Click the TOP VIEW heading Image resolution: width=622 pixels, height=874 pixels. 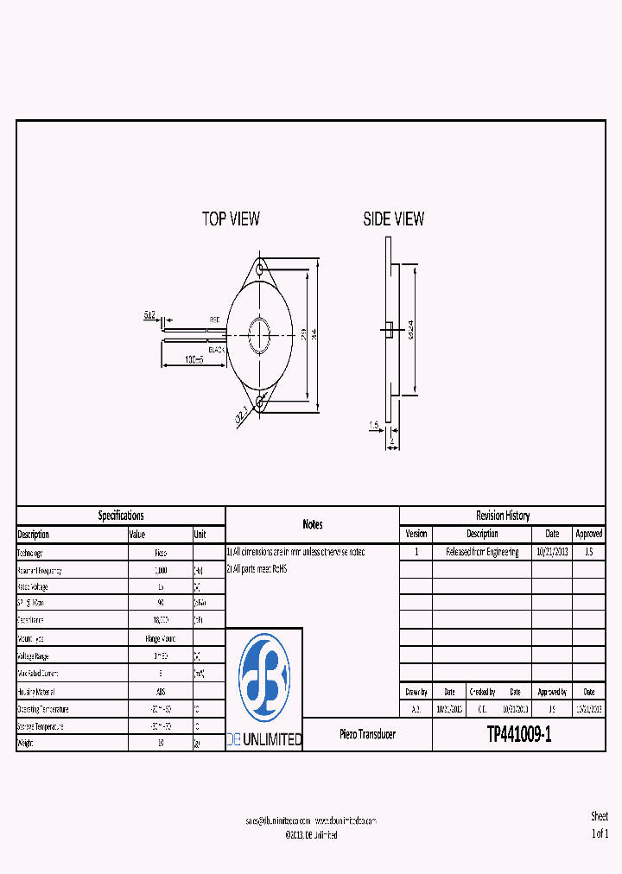[231, 219]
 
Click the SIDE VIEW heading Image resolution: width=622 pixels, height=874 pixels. [394, 219]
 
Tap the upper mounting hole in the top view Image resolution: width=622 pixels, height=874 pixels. [260, 269]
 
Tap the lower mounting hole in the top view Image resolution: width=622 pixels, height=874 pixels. [260, 397]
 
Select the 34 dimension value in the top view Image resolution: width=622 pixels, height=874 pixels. [315, 333]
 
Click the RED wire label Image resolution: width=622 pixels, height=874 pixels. [215, 320]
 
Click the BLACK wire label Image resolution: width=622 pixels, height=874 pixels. [216, 349]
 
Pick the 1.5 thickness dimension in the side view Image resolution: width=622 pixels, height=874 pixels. [373, 425]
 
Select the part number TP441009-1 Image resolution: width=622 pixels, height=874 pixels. [518, 735]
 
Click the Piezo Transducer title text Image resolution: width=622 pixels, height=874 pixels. [367, 734]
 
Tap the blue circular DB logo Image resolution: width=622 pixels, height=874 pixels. [264, 677]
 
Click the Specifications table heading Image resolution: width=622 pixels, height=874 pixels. [121, 516]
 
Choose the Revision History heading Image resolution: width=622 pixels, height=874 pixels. [503, 516]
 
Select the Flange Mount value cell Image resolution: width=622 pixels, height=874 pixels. [160, 639]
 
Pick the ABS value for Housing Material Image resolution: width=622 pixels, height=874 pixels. [161, 692]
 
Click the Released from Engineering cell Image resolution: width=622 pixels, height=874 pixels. [482, 552]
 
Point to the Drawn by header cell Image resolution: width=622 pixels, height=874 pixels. [416, 692]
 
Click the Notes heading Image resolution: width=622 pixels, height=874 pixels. [313, 524]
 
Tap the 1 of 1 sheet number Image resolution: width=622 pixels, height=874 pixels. [600, 833]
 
